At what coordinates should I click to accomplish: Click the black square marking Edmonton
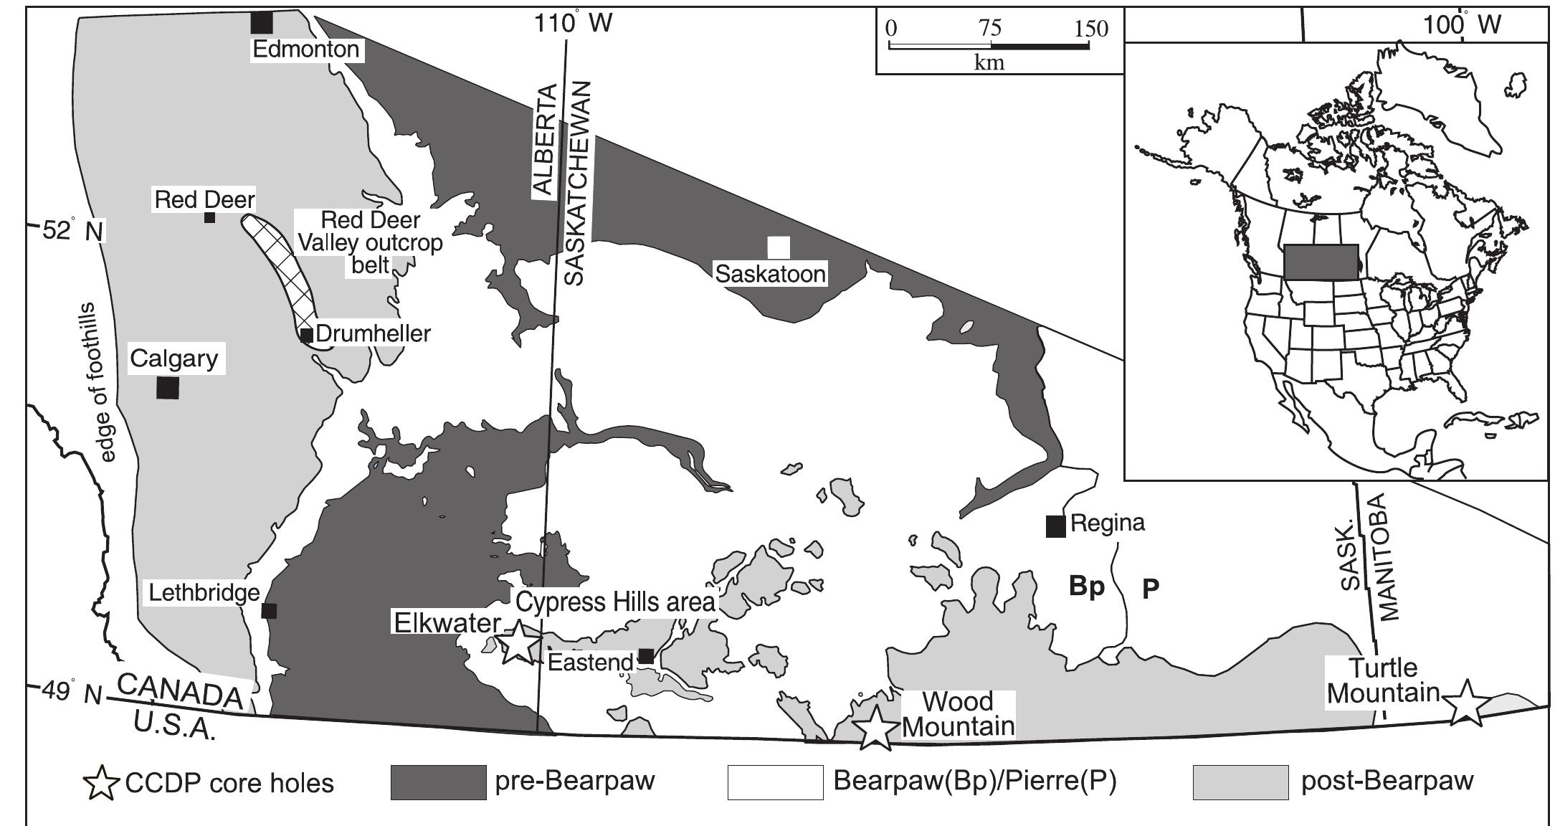coord(262,22)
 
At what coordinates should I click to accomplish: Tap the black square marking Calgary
coord(167,388)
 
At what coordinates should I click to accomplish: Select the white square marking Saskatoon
coord(779,247)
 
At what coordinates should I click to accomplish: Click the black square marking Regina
coord(1055,526)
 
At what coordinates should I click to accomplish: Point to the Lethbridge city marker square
coord(269,610)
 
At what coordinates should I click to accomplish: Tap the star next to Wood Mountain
coord(876,728)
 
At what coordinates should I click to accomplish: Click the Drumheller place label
coord(373,333)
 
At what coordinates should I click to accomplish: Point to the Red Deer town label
coord(204,199)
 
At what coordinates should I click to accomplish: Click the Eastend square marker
coord(646,656)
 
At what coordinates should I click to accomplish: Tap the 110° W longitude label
coord(573,24)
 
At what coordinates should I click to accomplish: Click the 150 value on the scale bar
coord(1091,29)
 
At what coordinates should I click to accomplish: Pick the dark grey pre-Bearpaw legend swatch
coord(438,782)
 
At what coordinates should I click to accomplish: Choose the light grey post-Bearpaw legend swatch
coord(1240,782)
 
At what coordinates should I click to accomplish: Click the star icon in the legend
coord(102,782)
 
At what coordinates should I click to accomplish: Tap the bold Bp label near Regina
coord(1086,587)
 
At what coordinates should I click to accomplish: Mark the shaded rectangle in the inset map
coord(1321,262)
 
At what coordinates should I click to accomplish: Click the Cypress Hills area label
coord(616,602)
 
